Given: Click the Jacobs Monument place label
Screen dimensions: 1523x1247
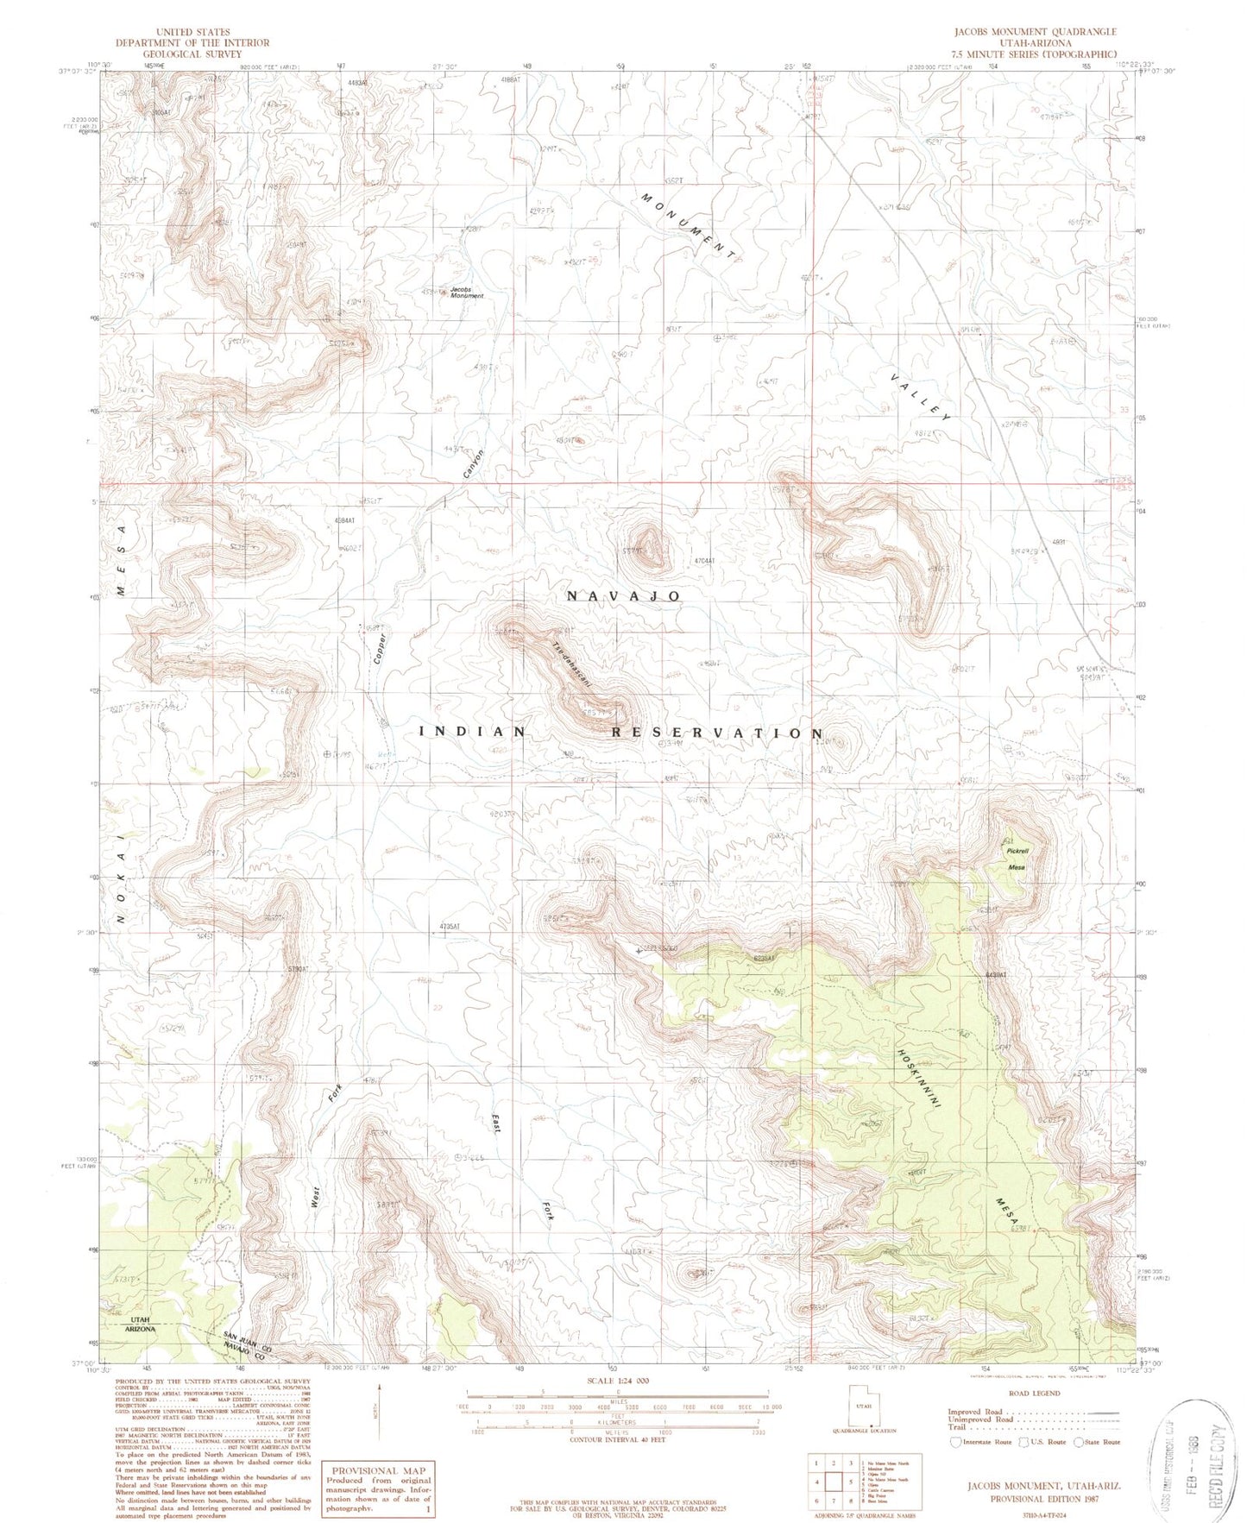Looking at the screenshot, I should pyautogui.click(x=467, y=292).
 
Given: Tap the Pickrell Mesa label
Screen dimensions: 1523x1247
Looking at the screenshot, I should pyautogui.click(x=1017, y=859).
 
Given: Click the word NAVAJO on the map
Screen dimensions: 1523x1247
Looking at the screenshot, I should pyautogui.click(x=624, y=596).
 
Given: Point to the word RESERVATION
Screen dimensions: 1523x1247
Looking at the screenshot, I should pyautogui.click(x=718, y=733).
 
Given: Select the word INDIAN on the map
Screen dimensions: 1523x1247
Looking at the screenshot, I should pyautogui.click(x=472, y=731).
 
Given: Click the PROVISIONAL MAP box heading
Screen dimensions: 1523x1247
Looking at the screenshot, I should pyautogui.click(x=378, y=1470).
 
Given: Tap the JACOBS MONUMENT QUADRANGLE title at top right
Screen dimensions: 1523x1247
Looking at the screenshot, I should pyautogui.click(x=1034, y=32).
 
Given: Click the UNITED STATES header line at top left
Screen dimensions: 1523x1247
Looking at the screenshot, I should pyautogui.click(x=192, y=32).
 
